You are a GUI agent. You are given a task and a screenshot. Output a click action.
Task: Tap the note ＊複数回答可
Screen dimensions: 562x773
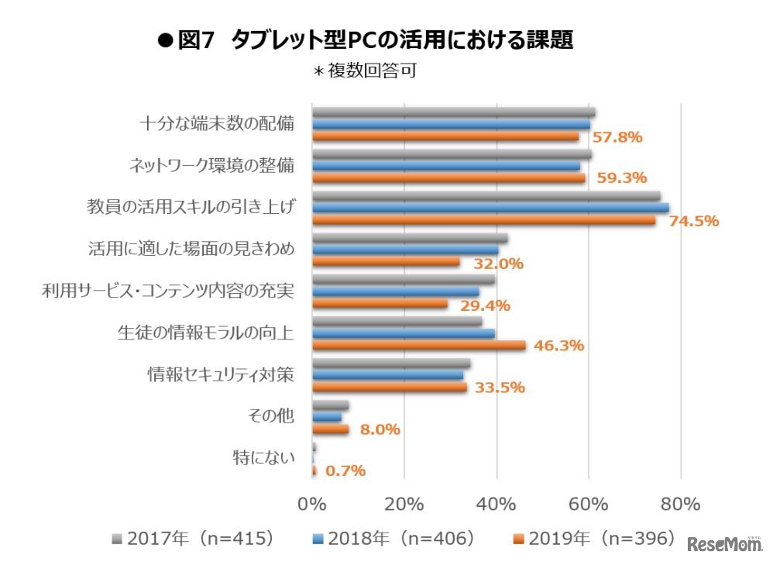tap(363, 72)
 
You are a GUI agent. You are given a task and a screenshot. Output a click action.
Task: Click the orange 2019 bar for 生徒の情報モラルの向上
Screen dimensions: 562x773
tap(418, 346)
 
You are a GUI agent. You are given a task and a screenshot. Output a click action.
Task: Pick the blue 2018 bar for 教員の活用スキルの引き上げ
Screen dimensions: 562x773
tap(490, 209)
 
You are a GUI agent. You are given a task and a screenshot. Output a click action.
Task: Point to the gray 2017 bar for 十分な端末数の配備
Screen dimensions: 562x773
tap(453, 112)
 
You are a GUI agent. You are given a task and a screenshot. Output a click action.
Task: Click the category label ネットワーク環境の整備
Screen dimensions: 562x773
tap(211, 166)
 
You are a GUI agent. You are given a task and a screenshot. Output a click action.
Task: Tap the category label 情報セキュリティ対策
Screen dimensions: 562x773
tap(221, 375)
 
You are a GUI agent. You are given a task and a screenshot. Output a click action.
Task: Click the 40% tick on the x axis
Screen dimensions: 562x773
tap(496, 505)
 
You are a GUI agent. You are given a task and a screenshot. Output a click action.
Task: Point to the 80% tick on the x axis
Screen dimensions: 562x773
tap(681, 505)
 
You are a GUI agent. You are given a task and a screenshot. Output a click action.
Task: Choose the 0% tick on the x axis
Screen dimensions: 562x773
tap(312, 505)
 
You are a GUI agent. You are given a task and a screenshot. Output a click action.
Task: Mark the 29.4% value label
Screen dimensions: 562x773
tap(485, 305)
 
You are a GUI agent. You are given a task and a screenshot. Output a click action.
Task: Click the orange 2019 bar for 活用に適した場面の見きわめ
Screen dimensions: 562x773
tap(386, 262)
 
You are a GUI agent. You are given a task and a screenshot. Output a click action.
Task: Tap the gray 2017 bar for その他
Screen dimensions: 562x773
tap(330, 405)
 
